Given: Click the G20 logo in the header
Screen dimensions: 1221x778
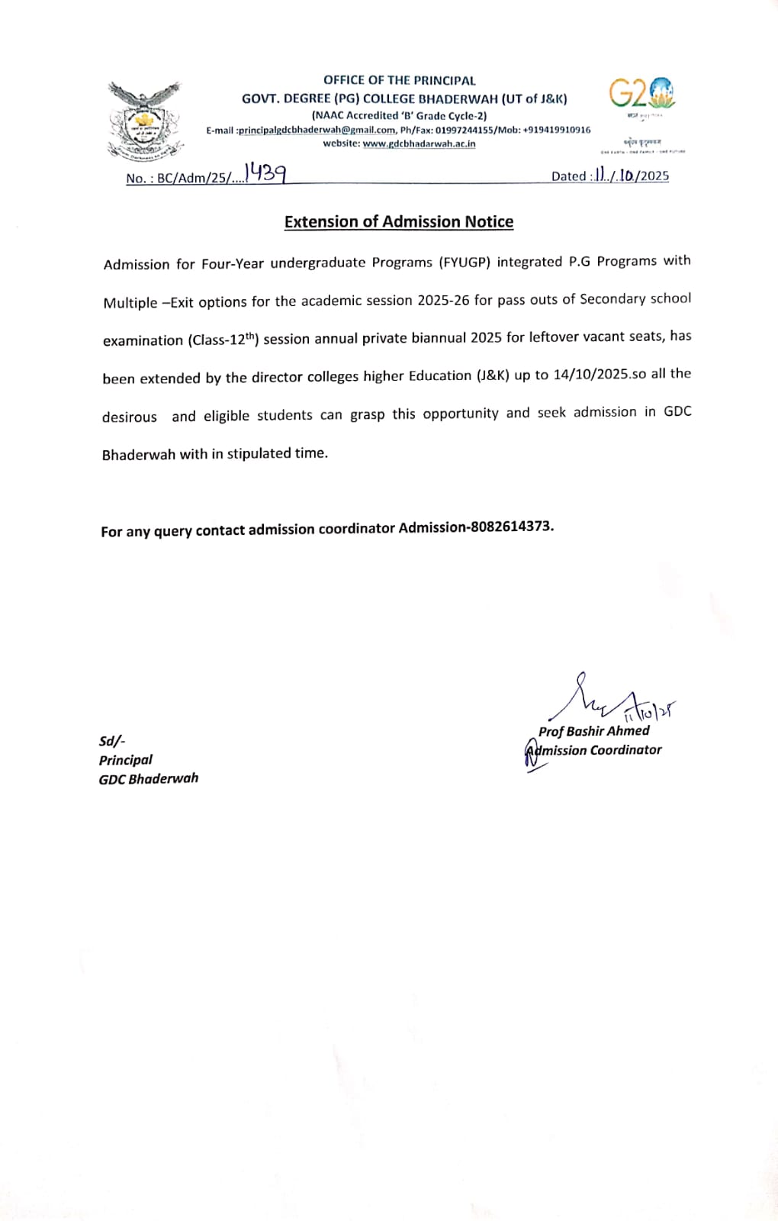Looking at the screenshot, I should tap(641, 94).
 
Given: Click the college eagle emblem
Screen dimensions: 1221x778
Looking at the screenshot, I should tap(144, 121).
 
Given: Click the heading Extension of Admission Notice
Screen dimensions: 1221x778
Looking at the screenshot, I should tap(398, 222).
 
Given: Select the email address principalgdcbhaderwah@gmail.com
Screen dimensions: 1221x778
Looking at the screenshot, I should tap(317, 130).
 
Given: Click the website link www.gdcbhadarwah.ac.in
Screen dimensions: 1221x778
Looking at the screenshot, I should tap(419, 143).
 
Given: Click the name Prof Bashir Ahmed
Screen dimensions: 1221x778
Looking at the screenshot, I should tap(593, 731).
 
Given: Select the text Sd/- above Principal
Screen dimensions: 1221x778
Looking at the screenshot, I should tap(112, 741).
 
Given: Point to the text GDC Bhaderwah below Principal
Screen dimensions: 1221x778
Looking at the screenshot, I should tap(148, 778).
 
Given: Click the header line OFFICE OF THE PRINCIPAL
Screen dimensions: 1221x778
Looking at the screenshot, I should tap(399, 80).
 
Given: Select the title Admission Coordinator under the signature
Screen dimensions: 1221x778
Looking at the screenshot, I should tap(594, 750).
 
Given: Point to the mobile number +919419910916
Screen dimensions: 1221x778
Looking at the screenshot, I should tap(556, 130).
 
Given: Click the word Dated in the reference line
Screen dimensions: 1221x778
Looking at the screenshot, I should tap(568, 176).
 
